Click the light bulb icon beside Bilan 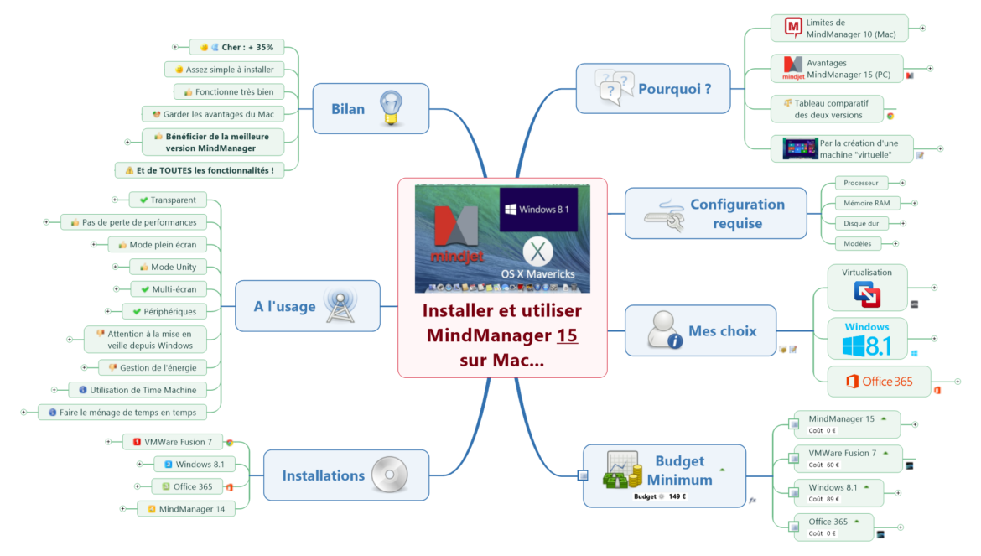(x=391, y=108)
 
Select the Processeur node (x=860, y=183)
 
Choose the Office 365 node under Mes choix (x=879, y=382)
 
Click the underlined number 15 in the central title (x=568, y=336)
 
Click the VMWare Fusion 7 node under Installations (x=173, y=441)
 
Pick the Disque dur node (x=861, y=223)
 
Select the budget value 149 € (x=677, y=496)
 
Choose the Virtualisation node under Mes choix (x=867, y=287)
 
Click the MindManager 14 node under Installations (x=185, y=508)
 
